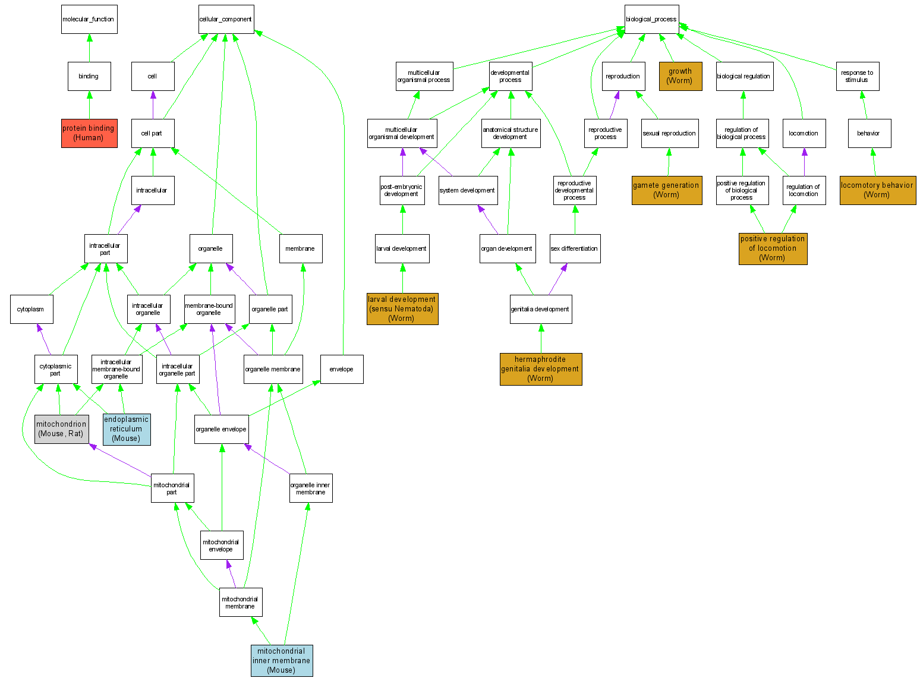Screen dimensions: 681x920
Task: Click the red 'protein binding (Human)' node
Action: tap(89, 133)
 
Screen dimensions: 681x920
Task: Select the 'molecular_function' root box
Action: tap(89, 20)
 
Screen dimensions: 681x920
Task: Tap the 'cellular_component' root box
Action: tap(226, 20)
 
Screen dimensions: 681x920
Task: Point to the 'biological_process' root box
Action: tap(651, 20)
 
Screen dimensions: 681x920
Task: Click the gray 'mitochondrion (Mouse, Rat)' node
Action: tap(62, 429)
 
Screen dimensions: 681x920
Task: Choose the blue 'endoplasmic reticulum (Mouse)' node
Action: tap(127, 429)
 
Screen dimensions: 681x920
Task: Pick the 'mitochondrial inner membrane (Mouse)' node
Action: tap(282, 660)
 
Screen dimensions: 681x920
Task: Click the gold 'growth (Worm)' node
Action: tap(680, 76)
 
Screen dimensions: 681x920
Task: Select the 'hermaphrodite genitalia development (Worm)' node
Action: tap(541, 369)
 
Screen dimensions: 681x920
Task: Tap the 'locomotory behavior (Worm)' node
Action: tap(877, 190)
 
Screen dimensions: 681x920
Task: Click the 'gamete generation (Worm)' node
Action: tap(666, 190)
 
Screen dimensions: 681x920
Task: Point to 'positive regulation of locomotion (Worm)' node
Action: tap(773, 248)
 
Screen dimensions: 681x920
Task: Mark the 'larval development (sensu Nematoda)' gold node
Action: tap(402, 309)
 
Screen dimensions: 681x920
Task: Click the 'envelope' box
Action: tap(342, 369)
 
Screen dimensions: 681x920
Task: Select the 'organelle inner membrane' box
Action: tap(311, 488)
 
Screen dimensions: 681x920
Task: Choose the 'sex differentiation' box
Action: tap(575, 248)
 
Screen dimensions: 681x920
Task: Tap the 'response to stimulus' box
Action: tap(857, 76)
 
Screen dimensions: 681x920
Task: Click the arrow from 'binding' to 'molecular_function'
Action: tap(89, 48)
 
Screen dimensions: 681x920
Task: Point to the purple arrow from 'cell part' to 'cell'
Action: tap(153, 105)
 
